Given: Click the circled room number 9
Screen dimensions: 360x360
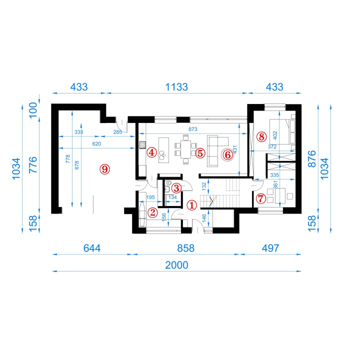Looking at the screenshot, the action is pyautogui.click(x=104, y=169).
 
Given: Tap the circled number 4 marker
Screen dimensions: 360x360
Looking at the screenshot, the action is pyautogui.click(x=152, y=152).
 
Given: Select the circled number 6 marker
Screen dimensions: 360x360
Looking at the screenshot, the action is pyautogui.click(x=227, y=154).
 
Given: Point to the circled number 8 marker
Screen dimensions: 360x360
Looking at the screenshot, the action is pyautogui.click(x=261, y=137).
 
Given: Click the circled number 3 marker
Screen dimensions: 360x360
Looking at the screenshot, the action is pyautogui.click(x=176, y=188).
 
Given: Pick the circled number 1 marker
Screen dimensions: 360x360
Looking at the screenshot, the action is pyautogui.click(x=191, y=205).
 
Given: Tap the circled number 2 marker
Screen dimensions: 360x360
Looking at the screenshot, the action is pyautogui.click(x=152, y=212).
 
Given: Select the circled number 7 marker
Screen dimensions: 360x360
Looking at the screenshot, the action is pyautogui.click(x=261, y=198).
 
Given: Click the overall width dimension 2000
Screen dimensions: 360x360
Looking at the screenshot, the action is pyautogui.click(x=176, y=265).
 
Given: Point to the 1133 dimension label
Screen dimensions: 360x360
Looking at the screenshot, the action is pyautogui.click(x=176, y=87).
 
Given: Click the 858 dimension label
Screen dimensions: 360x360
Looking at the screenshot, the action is pyautogui.click(x=185, y=248).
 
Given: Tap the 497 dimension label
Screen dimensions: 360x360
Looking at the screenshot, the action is pyautogui.click(x=270, y=248).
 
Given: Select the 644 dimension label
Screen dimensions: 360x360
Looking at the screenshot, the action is pyautogui.click(x=92, y=248).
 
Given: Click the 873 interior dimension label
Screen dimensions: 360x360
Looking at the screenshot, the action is pyautogui.click(x=193, y=129).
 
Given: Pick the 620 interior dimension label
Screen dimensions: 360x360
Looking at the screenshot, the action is pyautogui.click(x=96, y=143).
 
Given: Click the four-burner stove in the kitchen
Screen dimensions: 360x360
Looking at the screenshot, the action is pyautogui.click(x=142, y=145).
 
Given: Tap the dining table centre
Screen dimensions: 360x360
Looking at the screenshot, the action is pyautogui.click(x=185, y=149).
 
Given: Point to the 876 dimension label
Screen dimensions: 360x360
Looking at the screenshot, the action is pyautogui.click(x=312, y=158).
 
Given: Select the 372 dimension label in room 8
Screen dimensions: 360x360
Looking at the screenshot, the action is pyautogui.click(x=272, y=146).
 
